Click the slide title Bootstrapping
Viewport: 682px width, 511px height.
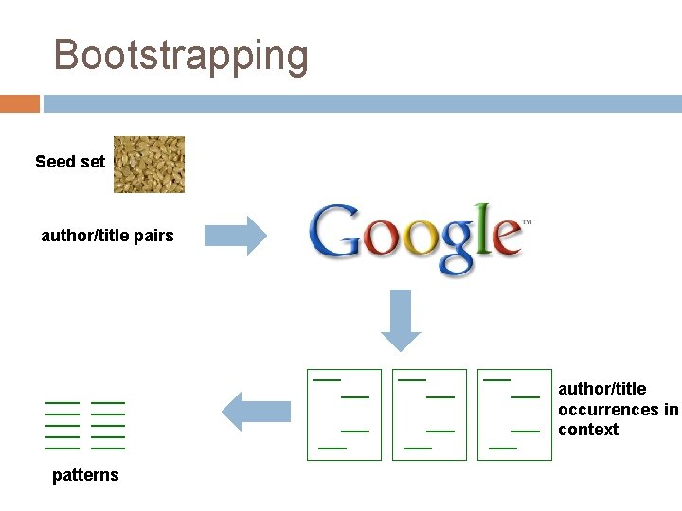click(x=181, y=55)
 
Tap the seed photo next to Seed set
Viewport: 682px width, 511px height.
click(x=149, y=165)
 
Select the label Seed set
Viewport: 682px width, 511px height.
click(x=70, y=162)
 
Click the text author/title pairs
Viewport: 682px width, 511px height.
click(x=107, y=236)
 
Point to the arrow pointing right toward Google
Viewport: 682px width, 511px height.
click(x=237, y=236)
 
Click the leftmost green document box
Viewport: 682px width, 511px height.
click(x=344, y=414)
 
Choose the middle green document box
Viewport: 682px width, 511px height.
click(x=429, y=414)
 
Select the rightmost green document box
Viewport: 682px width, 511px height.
click(x=514, y=414)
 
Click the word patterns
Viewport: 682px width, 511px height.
click(x=85, y=475)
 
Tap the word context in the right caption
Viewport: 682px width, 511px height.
click(x=588, y=430)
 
